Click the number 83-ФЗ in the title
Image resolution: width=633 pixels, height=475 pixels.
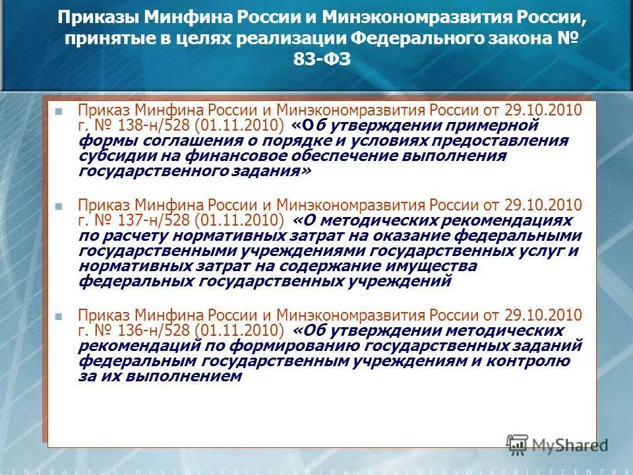316,59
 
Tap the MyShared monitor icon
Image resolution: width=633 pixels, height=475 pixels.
518,444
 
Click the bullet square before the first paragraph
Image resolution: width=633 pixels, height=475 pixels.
59,111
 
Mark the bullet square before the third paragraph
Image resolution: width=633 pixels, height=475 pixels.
59,316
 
